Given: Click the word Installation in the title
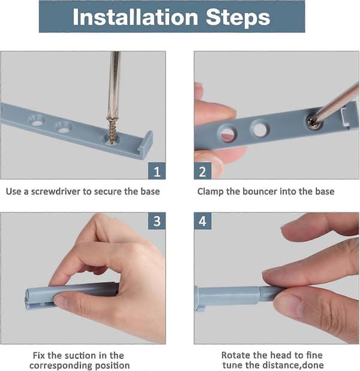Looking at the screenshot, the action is (x=135, y=17).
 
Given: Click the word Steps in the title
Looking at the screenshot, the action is (x=238, y=17).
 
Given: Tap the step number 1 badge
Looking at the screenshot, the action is (x=157, y=171).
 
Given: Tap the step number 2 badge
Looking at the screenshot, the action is (x=202, y=171).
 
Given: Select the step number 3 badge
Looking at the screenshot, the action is (x=157, y=221).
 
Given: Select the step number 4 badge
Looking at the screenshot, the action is (x=202, y=221).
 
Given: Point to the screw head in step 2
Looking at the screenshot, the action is (x=313, y=122).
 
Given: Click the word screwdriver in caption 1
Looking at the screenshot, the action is (x=56, y=192).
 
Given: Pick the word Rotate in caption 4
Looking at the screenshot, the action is (x=235, y=355).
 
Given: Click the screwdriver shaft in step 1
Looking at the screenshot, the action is (x=114, y=83).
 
